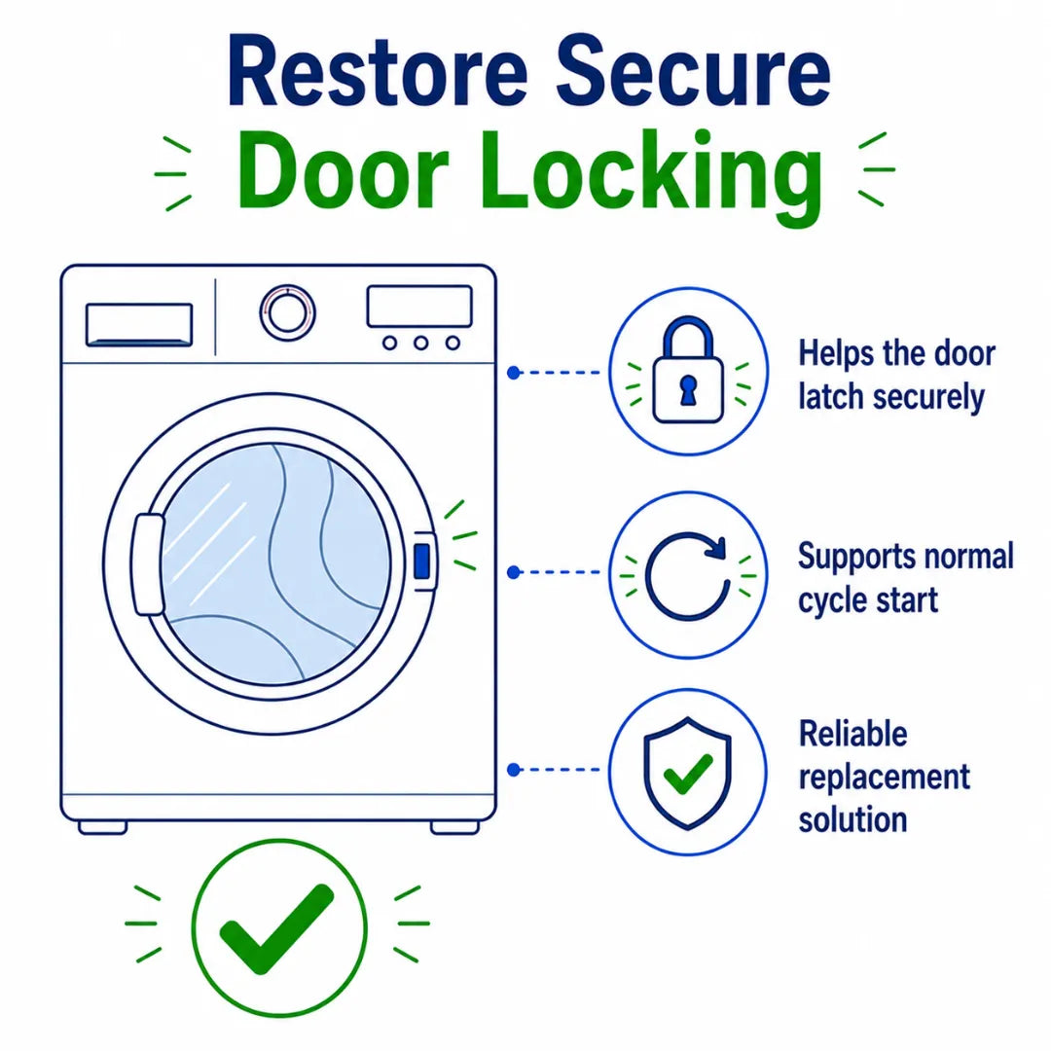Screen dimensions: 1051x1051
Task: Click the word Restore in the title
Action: tap(378, 72)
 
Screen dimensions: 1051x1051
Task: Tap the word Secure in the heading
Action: tap(694, 72)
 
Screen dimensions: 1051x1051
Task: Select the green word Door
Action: tap(343, 170)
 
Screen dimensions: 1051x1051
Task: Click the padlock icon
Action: tap(688, 370)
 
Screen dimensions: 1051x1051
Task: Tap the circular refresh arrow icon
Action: tap(688, 575)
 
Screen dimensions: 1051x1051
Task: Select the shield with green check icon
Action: tap(687, 772)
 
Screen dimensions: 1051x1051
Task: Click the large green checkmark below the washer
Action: tap(276, 927)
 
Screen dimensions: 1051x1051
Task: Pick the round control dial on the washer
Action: tap(287, 313)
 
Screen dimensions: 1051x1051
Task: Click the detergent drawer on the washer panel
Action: tap(139, 325)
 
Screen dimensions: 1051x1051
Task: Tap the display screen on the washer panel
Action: tap(419, 307)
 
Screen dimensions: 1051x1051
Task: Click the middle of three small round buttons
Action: tap(421, 344)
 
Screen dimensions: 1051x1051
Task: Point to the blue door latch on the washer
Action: tap(422, 562)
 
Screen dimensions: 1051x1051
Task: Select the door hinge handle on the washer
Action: tap(149, 564)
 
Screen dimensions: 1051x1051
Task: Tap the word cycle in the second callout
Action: tap(831, 600)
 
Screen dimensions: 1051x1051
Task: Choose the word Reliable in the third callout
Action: tap(852, 734)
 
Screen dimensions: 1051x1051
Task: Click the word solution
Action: tap(852, 819)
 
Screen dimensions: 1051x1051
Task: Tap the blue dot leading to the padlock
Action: tap(514, 373)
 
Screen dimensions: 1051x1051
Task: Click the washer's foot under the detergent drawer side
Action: tap(102, 828)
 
